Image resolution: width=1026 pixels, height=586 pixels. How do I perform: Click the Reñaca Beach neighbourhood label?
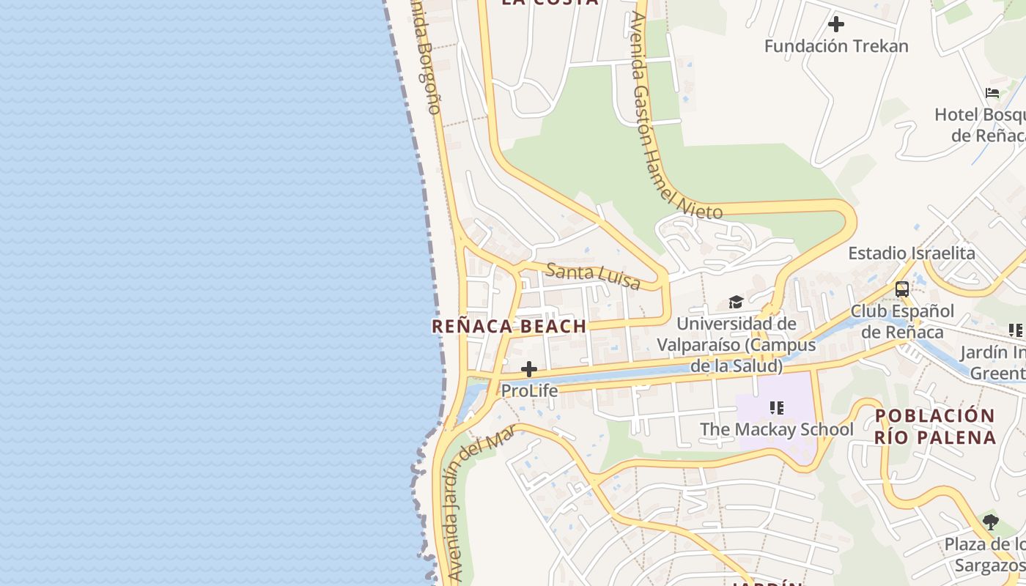pyautogui.click(x=509, y=327)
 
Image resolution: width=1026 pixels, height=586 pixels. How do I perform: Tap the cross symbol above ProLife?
pyautogui.click(x=528, y=369)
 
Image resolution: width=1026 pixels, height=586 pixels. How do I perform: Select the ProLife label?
pyautogui.click(x=529, y=391)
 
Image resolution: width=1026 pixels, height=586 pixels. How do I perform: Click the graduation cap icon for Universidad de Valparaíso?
pyautogui.click(x=736, y=303)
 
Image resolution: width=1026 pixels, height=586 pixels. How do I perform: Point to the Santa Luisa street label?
pyautogui.click(x=593, y=276)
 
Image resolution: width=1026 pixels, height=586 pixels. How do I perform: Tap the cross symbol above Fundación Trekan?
pyautogui.click(x=835, y=24)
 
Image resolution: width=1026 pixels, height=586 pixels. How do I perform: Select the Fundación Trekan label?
pyautogui.click(x=836, y=46)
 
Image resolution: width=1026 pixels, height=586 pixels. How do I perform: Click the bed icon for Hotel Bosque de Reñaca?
pyautogui.click(x=992, y=93)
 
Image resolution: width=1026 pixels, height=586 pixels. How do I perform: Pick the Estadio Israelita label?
pyautogui.click(x=912, y=253)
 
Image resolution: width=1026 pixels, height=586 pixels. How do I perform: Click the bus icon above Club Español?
pyautogui.click(x=901, y=289)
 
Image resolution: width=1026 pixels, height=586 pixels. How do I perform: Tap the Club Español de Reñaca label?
pyautogui.click(x=902, y=322)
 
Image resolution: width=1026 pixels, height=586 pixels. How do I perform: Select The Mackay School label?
pyautogui.click(x=777, y=429)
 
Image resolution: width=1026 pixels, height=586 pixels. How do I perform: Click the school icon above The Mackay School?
pyautogui.click(x=777, y=407)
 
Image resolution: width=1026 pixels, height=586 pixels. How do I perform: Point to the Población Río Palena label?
pyautogui.click(x=935, y=426)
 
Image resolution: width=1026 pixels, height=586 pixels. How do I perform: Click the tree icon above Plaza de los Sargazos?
pyautogui.click(x=991, y=522)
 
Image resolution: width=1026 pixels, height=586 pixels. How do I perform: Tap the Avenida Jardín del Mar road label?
pyautogui.click(x=478, y=505)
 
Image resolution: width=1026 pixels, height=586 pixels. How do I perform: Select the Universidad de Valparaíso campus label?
pyautogui.click(x=736, y=344)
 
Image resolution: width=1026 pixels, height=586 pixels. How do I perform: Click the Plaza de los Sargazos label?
pyautogui.click(x=986, y=555)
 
